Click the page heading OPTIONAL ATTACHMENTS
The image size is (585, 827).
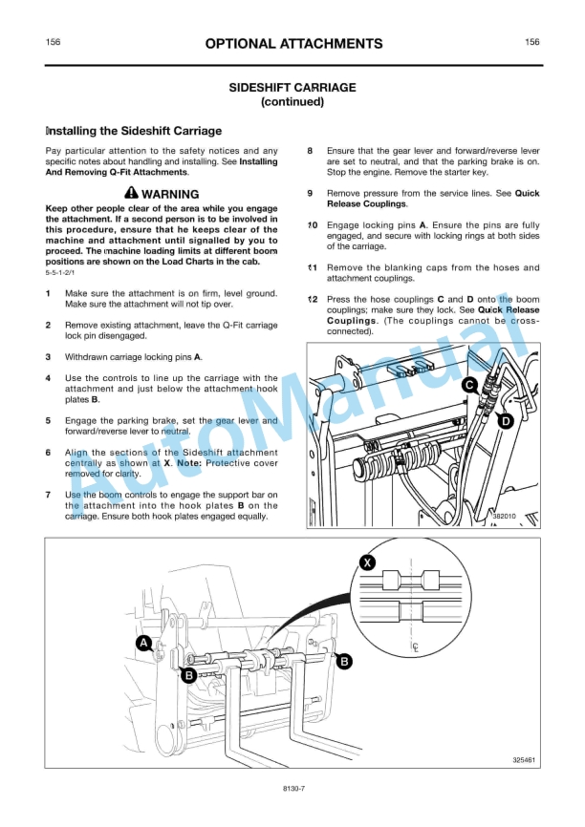click(292, 44)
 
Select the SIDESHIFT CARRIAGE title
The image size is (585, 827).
click(292, 87)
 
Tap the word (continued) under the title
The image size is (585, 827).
click(292, 101)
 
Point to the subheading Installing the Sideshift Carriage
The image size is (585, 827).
click(134, 131)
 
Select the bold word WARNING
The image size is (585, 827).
click(170, 194)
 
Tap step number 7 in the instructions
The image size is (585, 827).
click(49, 495)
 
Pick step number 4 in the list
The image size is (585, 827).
click(49, 378)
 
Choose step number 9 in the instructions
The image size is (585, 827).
click(311, 193)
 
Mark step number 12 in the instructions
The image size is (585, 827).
click(313, 300)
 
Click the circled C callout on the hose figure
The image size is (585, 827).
click(469, 385)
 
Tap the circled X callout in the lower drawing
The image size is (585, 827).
click(367, 562)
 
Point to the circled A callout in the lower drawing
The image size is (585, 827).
click(143, 644)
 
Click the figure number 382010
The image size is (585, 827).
click(504, 517)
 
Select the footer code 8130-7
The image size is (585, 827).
click(292, 789)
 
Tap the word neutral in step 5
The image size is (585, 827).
click(176, 431)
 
